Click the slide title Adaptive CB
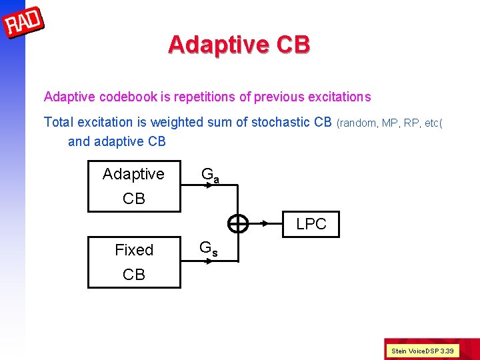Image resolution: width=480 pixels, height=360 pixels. [x=239, y=44]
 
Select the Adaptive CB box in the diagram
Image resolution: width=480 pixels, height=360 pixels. [x=134, y=186]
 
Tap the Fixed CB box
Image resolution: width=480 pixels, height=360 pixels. [x=134, y=261]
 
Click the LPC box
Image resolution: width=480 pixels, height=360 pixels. [x=311, y=224]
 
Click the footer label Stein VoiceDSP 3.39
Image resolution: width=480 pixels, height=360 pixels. [x=422, y=351]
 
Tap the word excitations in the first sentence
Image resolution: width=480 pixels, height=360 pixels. [x=339, y=97]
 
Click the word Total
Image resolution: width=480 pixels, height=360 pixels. [x=59, y=122]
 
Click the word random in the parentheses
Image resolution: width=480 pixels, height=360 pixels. [x=359, y=123]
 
